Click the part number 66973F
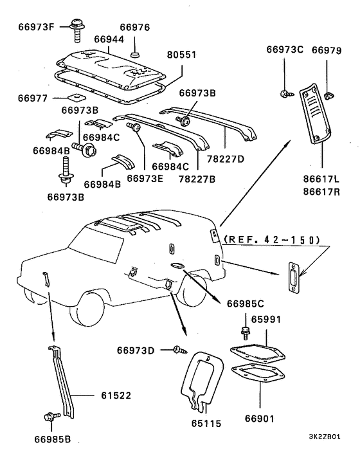click(36, 26)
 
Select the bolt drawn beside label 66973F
click(77, 30)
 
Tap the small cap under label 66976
click(135, 54)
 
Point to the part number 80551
click(181, 55)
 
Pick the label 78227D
click(226, 159)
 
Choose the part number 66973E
click(145, 178)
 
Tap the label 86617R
click(321, 192)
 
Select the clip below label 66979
click(328, 95)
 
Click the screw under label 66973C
click(287, 94)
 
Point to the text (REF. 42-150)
click(273, 239)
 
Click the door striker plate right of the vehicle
click(293, 278)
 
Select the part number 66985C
click(246, 304)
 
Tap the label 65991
click(266, 320)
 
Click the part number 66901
click(260, 419)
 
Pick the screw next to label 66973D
click(180, 350)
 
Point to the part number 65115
click(206, 424)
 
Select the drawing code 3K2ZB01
click(325, 437)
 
